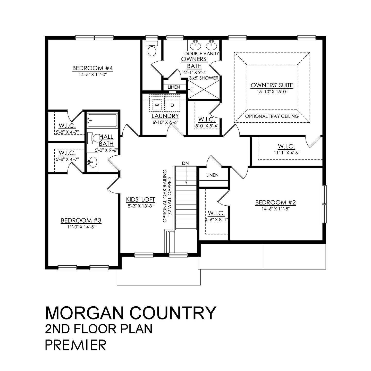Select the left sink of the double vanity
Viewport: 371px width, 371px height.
[195, 45]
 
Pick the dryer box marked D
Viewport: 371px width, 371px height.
[172, 105]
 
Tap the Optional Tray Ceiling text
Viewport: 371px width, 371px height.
[272, 116]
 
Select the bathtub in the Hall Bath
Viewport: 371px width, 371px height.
[102, 120]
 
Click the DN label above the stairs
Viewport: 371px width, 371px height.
[185, 163]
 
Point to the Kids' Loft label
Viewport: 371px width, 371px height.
[140, 199]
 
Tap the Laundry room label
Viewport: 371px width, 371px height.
[165, 116]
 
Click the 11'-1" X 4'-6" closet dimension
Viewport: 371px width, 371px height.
[286, 152]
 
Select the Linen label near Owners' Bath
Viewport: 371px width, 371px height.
[174, 87]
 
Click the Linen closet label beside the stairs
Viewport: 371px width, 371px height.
[212, 175]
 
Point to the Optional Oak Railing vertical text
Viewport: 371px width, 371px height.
[164, 196]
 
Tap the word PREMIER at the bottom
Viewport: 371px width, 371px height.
[75, 345]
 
